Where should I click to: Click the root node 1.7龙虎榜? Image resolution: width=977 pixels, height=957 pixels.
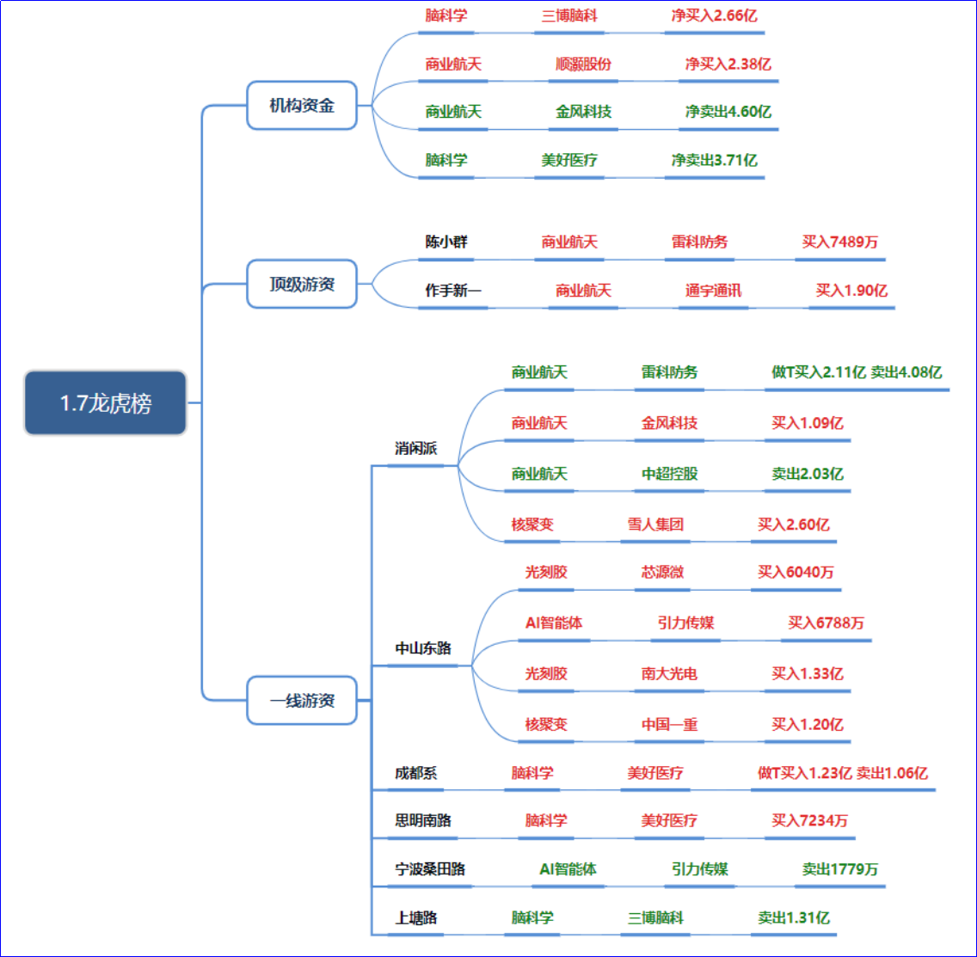click(105, 402)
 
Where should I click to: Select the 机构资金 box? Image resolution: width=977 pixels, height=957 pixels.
click(301, 106)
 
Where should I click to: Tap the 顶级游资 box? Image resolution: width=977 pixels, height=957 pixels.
click(301, 284)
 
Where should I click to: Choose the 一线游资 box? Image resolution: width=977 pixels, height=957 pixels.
click(301, 700)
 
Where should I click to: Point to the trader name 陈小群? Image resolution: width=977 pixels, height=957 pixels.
click(446, 242)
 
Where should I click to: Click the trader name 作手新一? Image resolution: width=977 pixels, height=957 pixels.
click(453, 290)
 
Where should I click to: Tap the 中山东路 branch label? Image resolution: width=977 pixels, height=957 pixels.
click(422, 647)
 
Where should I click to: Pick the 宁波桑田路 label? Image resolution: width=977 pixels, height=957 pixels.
click(430, 868)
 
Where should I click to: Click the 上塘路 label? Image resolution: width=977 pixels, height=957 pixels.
click(415, 917)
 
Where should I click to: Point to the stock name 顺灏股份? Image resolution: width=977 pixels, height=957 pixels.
click(584, 64)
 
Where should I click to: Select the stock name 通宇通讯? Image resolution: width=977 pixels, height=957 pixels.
click(713, 290)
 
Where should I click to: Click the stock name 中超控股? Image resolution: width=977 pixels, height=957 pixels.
click(669, 473)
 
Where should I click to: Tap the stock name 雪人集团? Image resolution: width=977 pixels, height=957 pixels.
click(655, 524)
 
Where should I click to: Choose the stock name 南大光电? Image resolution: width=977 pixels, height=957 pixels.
click(669, 673)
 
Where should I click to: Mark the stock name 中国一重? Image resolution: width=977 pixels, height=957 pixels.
click(669, 724)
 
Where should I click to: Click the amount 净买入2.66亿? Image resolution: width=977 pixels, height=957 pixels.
click(714, 15)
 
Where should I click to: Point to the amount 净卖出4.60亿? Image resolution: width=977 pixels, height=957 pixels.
click(728, 111)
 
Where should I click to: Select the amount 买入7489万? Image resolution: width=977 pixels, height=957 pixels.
click(840, 242)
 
